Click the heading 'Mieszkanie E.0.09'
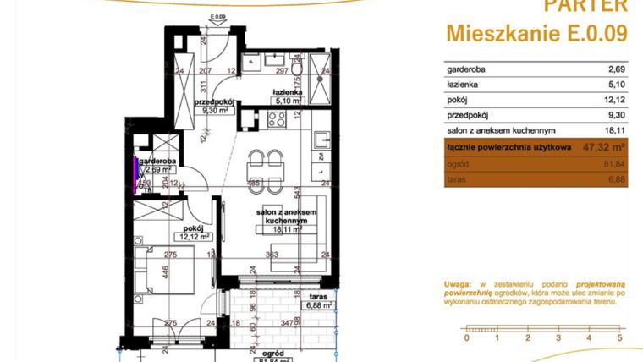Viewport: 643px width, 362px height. click(x=536, y=34)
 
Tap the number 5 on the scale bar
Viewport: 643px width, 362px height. click(x=619, y=338)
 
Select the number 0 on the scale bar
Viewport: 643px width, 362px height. click(x=466, y=338)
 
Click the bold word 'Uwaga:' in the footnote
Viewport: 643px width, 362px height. click(x=459, y=285)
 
